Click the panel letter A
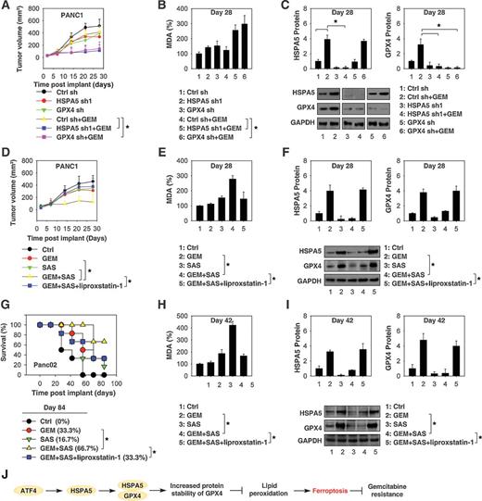pyautogui.click(x=8, y=8)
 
